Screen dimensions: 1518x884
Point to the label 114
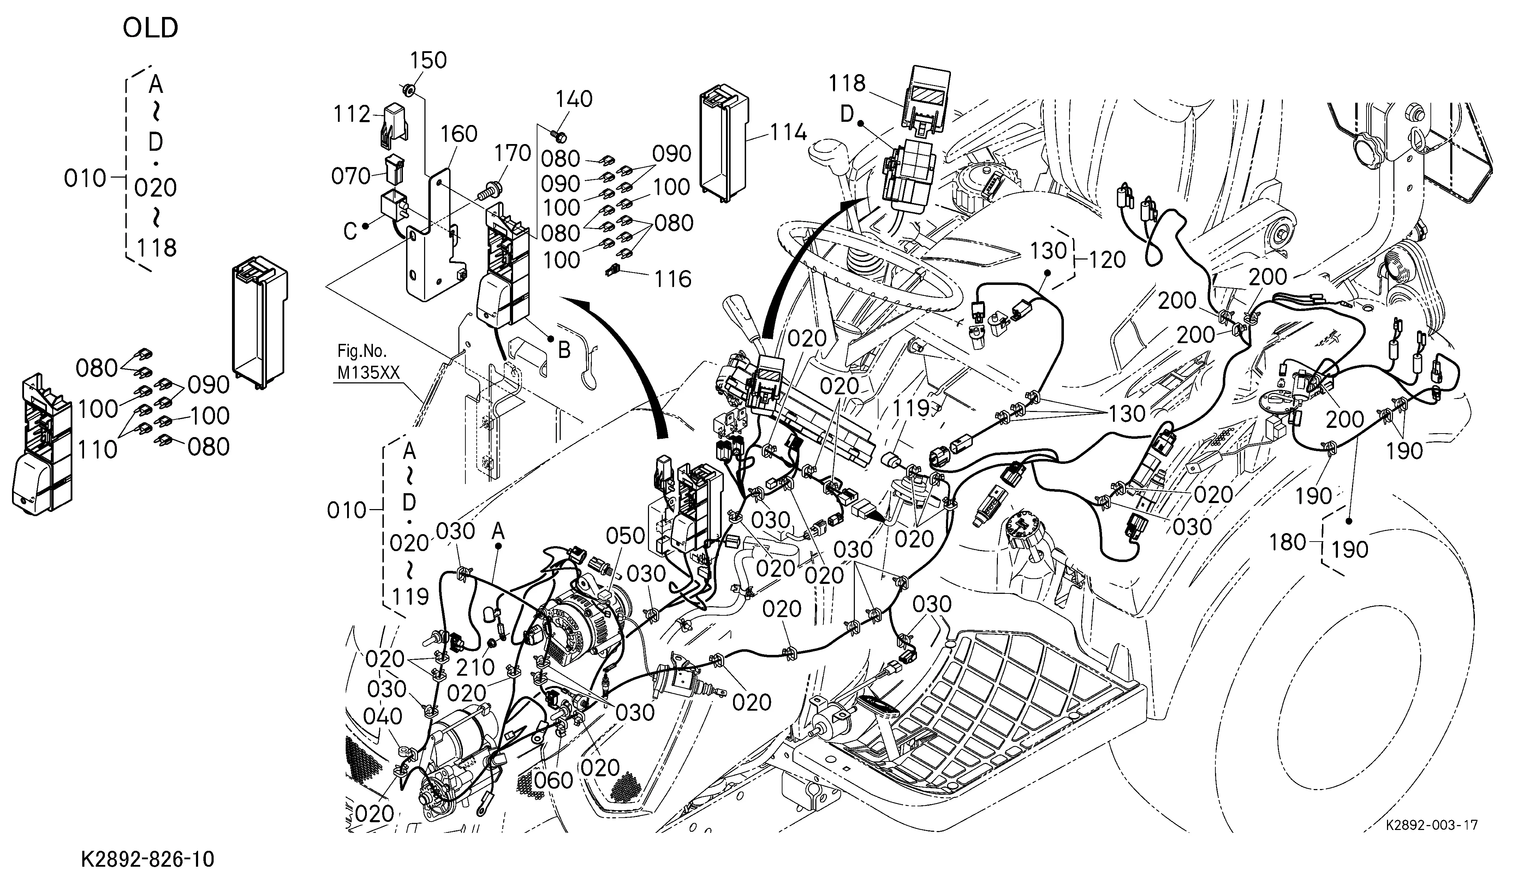pos(788,132)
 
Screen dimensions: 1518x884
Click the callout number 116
pos(673,279)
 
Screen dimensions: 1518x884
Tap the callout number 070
pos(351,177)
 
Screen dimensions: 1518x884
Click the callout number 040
pos(383,717)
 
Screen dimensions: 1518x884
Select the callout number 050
pos(625,535)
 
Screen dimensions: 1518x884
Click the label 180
pos(1288,543)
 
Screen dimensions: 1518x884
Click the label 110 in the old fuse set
pos(97,449)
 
